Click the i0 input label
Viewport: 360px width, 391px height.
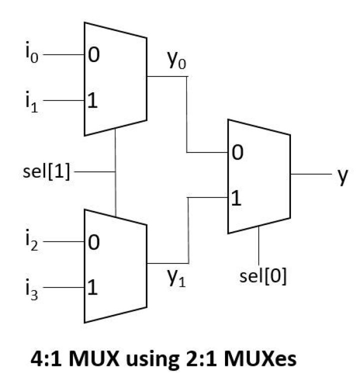31,52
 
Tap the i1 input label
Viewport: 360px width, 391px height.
31,101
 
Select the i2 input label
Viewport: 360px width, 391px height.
31,240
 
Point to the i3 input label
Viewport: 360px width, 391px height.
31,289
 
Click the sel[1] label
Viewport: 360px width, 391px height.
46,172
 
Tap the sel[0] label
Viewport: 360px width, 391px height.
263,276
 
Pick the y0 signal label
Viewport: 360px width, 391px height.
177,60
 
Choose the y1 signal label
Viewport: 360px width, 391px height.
177,278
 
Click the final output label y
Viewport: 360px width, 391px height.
342,176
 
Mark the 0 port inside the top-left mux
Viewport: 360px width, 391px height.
93,54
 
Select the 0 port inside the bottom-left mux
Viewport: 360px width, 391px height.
93,242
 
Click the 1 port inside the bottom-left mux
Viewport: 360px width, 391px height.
92,287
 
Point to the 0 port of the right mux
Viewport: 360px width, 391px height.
237,152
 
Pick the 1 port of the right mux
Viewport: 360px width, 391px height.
236,198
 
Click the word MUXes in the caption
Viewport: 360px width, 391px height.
260,359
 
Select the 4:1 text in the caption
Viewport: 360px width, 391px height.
46,359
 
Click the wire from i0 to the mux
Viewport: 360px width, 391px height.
64,54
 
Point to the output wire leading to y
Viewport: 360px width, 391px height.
311,174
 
